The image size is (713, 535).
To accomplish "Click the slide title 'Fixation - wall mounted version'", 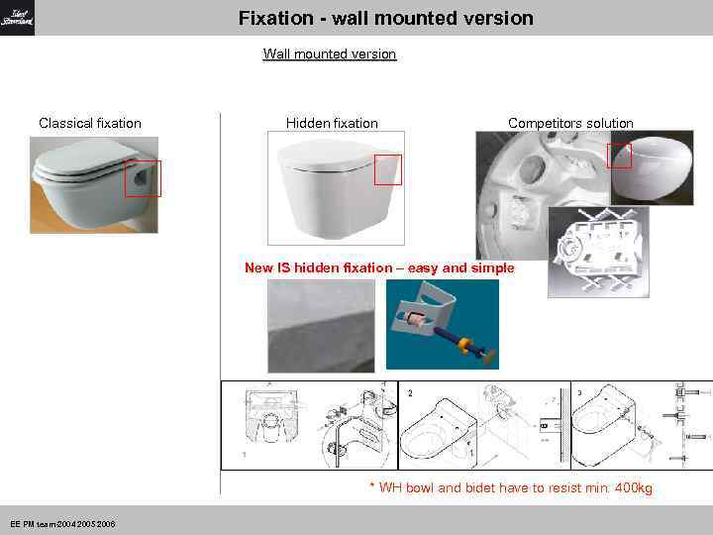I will coord(385,18).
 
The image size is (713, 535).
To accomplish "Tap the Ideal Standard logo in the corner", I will coord(18,18).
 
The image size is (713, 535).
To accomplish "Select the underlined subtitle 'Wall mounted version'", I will coord(329,53).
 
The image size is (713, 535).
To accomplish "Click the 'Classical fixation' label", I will coord(90,123).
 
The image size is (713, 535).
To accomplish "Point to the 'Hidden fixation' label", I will coord(332,123).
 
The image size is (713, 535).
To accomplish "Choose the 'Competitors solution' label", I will coord(570,123).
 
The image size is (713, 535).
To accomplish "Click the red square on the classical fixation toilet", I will coord(143,178).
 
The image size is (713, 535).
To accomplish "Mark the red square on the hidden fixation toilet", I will coord(387,169).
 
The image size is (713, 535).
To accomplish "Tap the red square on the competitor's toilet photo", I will coord(619,156).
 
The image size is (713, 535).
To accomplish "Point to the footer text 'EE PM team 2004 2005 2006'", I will coord(62,523).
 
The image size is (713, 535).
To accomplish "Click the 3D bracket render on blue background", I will coord(442,323).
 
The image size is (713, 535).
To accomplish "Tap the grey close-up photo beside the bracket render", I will coord(322,324).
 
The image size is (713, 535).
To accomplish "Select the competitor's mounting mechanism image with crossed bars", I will coord(598,252).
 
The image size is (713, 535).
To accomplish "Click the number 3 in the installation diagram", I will coord(579,393).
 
